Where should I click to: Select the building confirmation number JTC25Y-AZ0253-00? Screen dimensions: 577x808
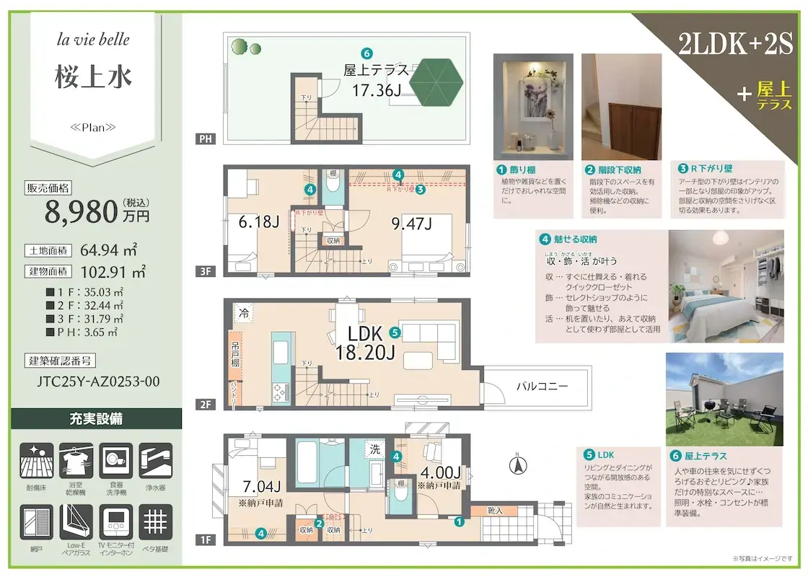point(98,382)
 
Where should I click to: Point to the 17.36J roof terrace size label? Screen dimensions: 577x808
point(376,90)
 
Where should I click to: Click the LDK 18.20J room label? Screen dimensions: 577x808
point(365,344)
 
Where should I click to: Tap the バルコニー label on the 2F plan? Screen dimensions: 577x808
point(542,387)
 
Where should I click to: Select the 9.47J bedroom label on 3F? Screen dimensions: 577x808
point(411,223)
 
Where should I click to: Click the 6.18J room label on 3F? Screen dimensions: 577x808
point(258,222)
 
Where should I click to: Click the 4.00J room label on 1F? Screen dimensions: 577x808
point(440,472)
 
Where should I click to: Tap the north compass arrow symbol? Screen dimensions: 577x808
point(517,465)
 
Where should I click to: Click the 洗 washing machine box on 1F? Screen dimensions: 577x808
point(376,447)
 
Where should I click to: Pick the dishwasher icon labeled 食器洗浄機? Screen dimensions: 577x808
point(115,461)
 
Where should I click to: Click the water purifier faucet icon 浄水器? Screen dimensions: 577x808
point(155,461)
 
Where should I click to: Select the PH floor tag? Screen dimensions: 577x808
point(206,139)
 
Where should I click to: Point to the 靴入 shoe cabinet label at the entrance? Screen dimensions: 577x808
point(495,511)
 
